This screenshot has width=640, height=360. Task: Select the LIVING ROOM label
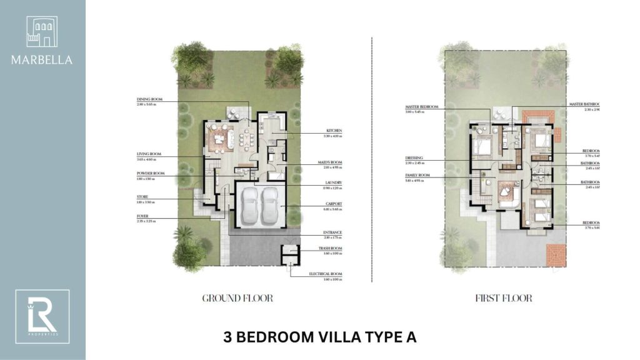149,154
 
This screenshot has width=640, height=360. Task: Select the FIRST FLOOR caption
503,298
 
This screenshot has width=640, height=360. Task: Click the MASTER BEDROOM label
422,107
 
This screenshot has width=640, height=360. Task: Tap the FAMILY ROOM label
417,176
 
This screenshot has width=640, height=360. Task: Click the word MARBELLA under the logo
41,61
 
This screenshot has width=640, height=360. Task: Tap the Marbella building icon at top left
41,32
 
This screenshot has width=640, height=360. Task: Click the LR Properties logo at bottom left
42,316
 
